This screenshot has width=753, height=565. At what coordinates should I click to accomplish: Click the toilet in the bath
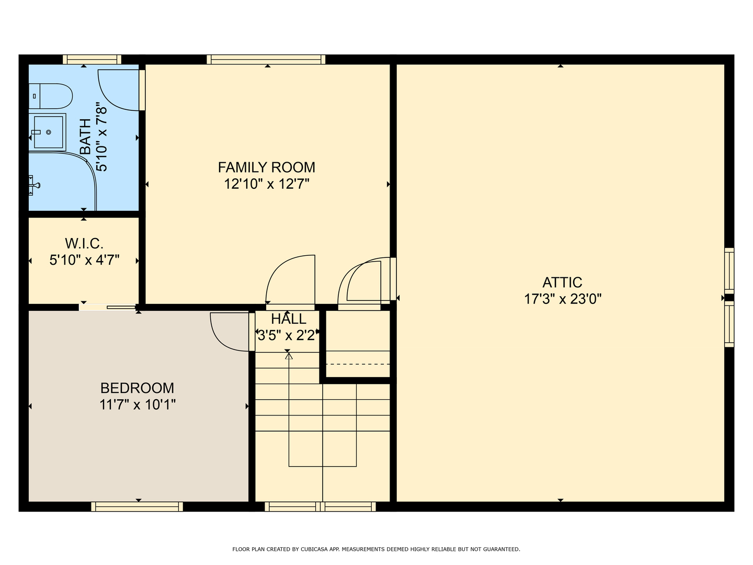pos(50,96)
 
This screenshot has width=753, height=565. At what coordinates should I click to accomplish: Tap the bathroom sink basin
pos(49,132)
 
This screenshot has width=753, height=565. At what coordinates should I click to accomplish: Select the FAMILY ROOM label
pos(267,167)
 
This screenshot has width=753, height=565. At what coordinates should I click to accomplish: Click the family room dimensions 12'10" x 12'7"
pos(267,184)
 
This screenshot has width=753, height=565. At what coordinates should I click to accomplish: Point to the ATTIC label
pos(562,282)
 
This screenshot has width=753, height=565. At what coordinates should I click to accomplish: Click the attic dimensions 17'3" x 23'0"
pos(563,299)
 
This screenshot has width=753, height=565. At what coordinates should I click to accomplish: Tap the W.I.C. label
pos(84,244)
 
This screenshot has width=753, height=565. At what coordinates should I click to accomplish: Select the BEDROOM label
pos(137,388)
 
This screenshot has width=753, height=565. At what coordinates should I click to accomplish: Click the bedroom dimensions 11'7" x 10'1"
pos(137,405)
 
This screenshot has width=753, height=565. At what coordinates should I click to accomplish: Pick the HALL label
pos(289,319)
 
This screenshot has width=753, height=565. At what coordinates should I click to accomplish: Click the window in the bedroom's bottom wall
pos(137,507)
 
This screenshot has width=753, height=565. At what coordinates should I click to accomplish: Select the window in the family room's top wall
pos(266,59)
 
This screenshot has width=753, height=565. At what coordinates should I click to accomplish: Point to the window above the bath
pos(92,59)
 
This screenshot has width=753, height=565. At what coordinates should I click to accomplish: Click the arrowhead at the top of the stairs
pos(289,356)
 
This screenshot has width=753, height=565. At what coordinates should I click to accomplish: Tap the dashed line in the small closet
pos(358,364)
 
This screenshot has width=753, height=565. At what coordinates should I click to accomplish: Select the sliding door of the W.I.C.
pos(108,308)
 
